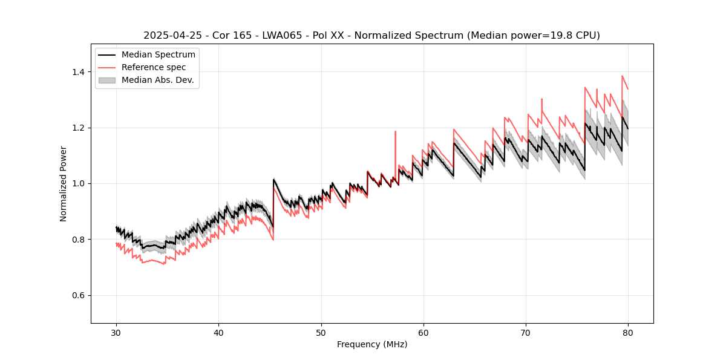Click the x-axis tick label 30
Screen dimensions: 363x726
[116, 332]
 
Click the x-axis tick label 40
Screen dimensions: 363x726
[218, 332]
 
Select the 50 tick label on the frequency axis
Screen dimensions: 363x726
[321, 332]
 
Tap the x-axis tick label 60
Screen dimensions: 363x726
[423, 332]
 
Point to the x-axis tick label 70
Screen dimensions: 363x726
[525, 332]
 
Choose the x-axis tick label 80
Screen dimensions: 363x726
[627, 332]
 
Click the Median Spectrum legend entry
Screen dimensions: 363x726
[158, 55]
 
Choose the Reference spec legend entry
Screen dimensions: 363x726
[154, 67]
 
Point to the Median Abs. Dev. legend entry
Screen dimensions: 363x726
[157, 80]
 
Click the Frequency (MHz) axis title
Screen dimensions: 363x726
[372, 344]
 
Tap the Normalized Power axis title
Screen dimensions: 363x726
[64, 183]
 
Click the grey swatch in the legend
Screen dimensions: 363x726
[108, 80]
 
